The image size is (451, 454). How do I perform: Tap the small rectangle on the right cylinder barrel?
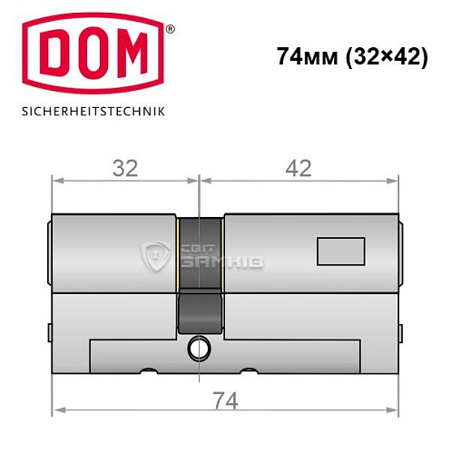click(x=335, y=247)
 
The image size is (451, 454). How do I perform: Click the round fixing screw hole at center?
click(x=200, y=347)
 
